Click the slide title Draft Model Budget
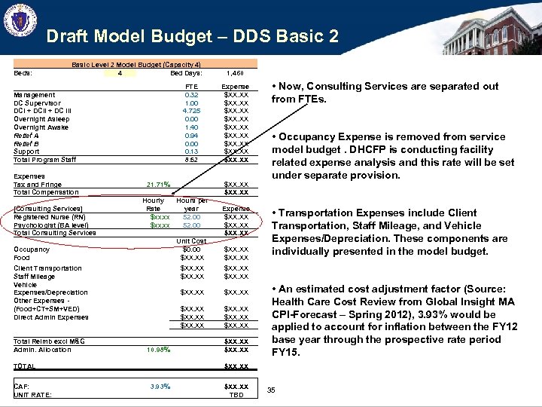pyautogui.click(x=192, y=35)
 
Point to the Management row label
pyautogui.click(x=35, y=95)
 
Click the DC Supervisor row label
pyautogui.click(x=38, y=103)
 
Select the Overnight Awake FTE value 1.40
pyautogui.click(x=191, y=127)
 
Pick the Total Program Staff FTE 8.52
pyautogui.click(x=191, y=160)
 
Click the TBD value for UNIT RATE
pyautogui.click(x=236, y=395)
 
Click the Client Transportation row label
pyautogui.click(x=47, y=268)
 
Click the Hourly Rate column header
pyautogui.click(x=154, y=204)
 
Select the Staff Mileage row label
pyautogui.click(x=34, y=277)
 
